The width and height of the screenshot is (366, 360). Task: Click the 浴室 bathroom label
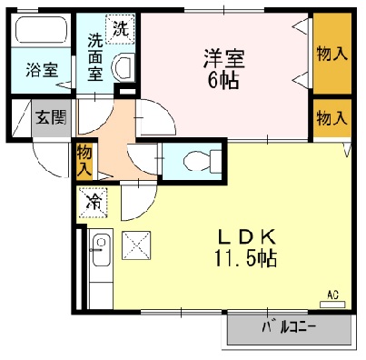(40, 68)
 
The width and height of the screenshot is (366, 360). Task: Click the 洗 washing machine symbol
(119, 29)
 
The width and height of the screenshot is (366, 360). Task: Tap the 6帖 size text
(223, 81)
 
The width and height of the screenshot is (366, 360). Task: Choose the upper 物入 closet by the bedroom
(331, 54)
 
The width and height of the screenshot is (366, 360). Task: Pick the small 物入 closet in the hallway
(84, 161)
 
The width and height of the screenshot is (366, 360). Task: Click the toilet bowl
(194, 162)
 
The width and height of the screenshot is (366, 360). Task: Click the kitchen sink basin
(100, 248)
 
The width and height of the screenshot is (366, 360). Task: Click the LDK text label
(244, 236)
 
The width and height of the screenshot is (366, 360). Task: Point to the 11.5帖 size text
(246, 258)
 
